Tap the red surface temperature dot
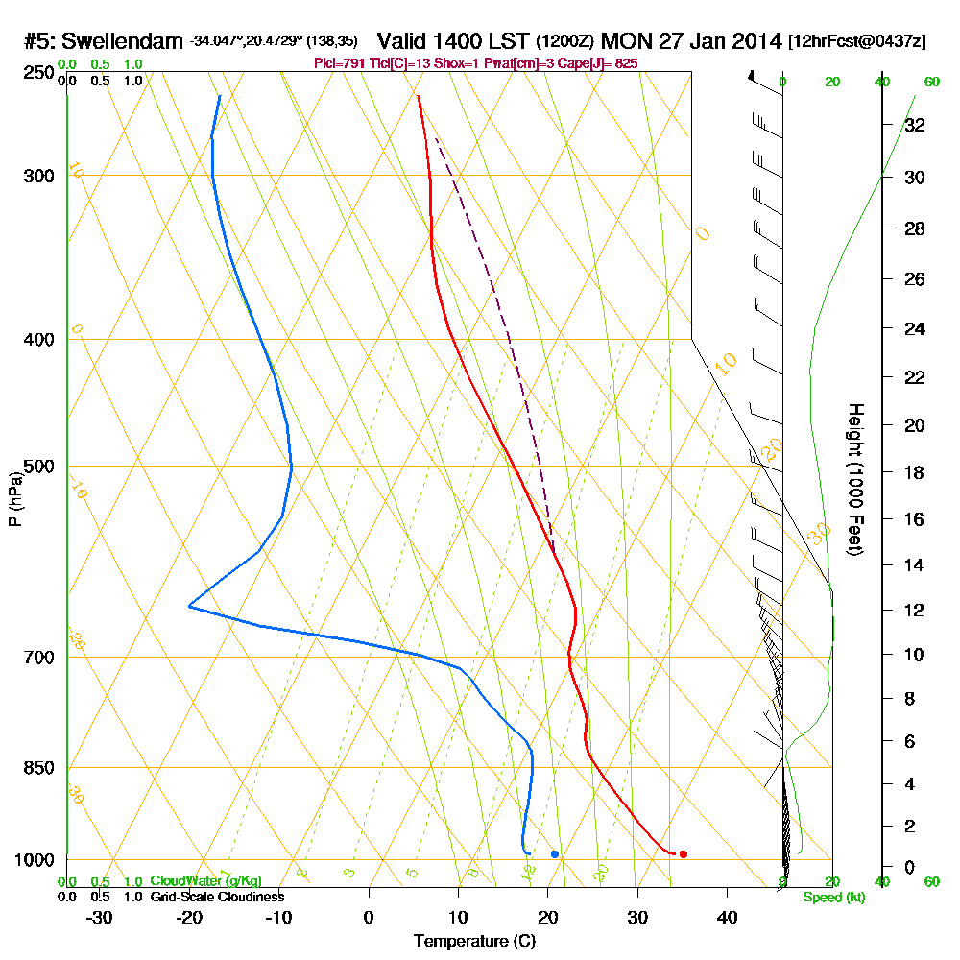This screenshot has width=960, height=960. tap(683, 853)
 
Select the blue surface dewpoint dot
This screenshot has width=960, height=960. tap(555, 853)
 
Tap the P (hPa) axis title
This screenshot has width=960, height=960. tap(14, 499)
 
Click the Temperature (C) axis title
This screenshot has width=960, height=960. tap(474, 941)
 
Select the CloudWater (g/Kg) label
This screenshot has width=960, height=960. tap(205, 881)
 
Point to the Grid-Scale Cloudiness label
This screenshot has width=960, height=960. tap(216, 897)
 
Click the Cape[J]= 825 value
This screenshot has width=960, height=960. tap(599, 63)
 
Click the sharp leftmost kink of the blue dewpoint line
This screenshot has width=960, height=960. tap(190, 607)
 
